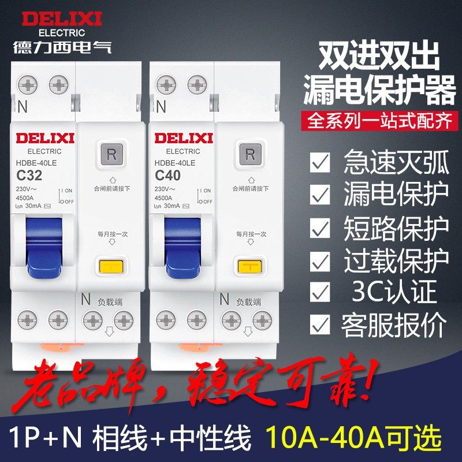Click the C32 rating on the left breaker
click(30, 175)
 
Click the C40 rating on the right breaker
click(168, 175)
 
